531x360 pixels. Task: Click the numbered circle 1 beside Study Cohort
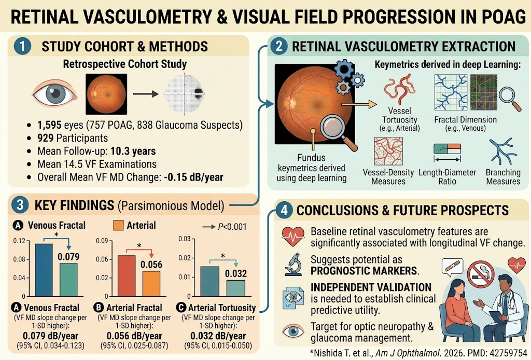tap(22, 46)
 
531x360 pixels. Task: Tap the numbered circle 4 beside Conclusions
tap(284, 210)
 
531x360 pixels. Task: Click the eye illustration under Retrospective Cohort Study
tap(55, 94)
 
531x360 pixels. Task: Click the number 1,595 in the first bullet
tap(50, 125)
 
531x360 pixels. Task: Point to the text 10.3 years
tap(133, 151)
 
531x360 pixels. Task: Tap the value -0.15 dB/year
tap(193, 177)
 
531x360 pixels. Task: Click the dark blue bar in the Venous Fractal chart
tap(44, 270)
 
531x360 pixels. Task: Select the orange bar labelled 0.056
tap(151, 283)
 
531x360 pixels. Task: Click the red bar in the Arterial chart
tap(127, 275)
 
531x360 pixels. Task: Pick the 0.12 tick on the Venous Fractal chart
tap(19, 241)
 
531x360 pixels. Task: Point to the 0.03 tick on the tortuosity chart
tap(184, 239)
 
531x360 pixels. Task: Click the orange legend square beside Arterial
tap(118, 226)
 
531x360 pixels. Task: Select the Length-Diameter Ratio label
tap(448, 177)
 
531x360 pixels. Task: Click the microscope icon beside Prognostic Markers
tap(294, 265)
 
